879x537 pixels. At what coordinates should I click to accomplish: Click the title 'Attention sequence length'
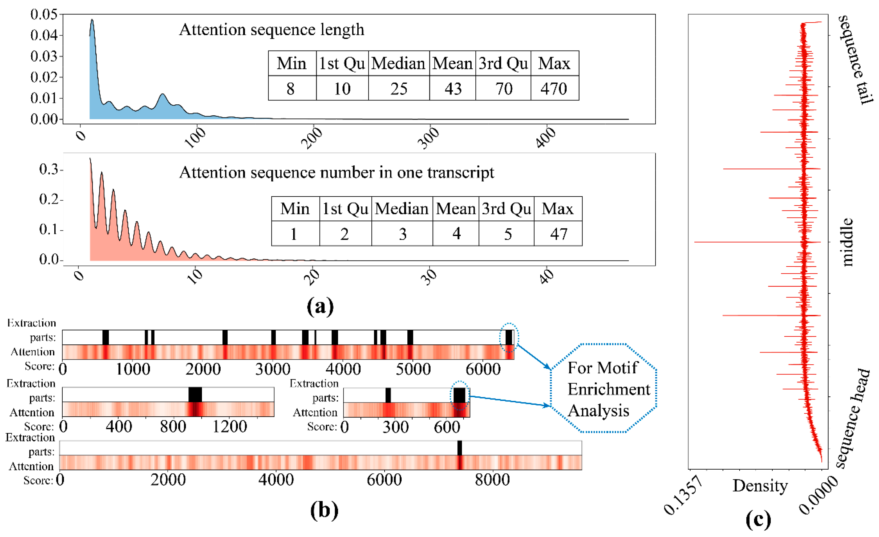point(272,30)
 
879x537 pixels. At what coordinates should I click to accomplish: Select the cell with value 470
point(554,88)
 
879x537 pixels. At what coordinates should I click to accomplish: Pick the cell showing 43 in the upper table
point(453,88)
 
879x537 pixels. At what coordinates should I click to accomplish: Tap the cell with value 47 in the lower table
point(558,234)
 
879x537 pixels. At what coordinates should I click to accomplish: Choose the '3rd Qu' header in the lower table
point(506,209)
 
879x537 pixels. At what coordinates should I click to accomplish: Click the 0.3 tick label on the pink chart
point(48,169)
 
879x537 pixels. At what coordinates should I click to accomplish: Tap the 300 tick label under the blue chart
point(428,138)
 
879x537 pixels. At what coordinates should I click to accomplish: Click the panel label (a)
point(320,306)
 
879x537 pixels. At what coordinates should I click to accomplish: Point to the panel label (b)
point(324,510)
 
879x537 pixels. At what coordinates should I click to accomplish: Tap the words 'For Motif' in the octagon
point(602,368)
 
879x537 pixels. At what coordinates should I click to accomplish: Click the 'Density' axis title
point(760,486)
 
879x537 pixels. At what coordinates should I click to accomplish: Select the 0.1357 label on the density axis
point(683,496)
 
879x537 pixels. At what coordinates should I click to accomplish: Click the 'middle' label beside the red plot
point(847,242)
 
